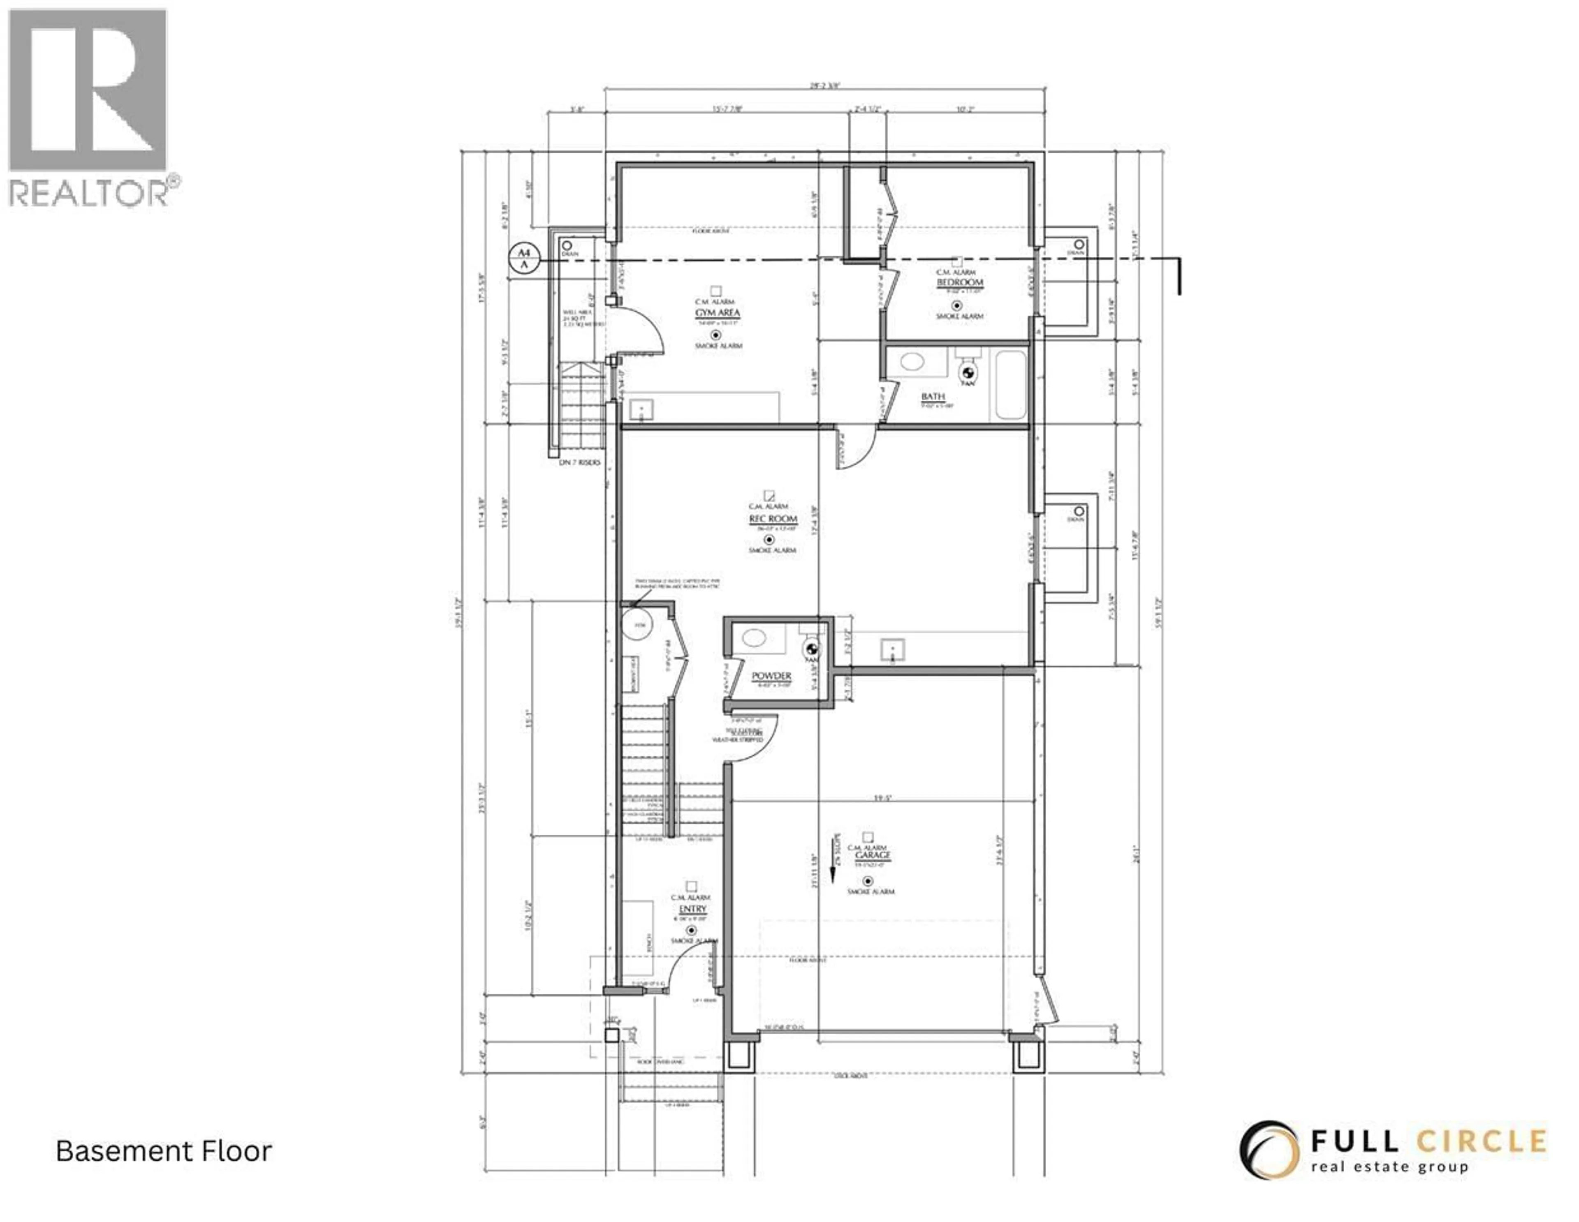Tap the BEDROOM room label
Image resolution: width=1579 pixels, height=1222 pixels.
tap(959, 282)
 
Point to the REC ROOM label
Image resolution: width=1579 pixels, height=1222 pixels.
tap(773, 519)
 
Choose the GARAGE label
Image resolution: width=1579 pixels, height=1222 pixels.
tap(873, 855)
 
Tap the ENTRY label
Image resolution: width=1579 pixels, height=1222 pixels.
tap(692, 908)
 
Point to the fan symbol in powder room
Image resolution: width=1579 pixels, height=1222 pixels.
tap(811, 649)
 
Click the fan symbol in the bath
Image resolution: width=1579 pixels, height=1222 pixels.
tap(968, 373)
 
